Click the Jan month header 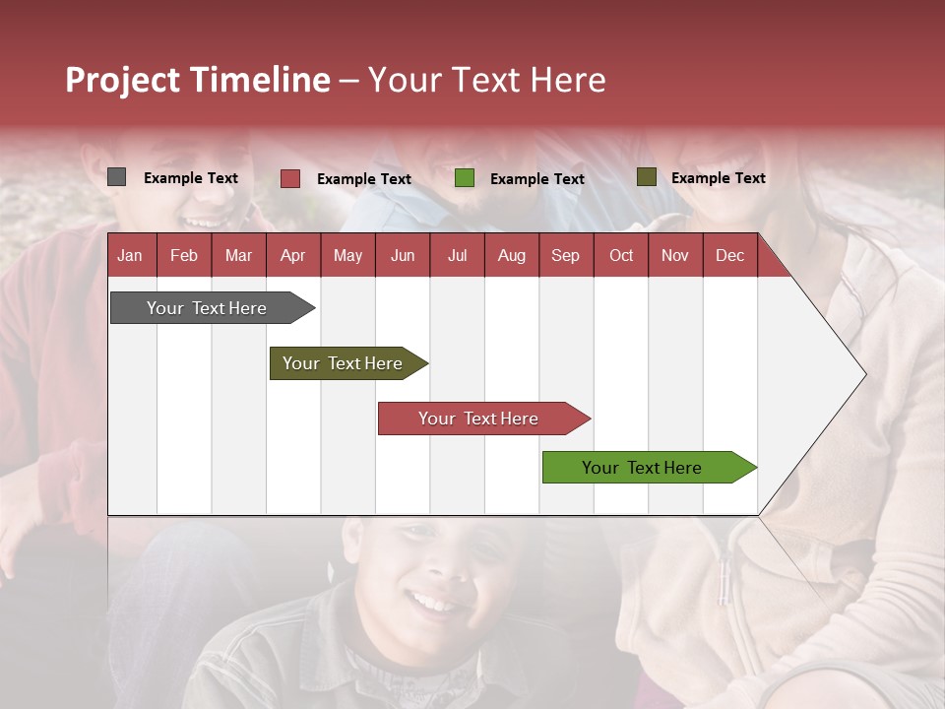coord(130,255)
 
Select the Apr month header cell coord(292,255)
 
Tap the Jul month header coord(457,255)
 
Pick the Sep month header coord(565,255)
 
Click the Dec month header coord(729,255)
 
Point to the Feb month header coord(184,255)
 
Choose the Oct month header coord(621,255)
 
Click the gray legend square coord(116,177)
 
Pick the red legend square coord(289,178)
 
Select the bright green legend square coord(465,178)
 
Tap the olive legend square coord(646,177)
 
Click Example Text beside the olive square coord(718,177)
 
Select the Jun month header coord(403,255)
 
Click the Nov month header coord(675,255)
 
